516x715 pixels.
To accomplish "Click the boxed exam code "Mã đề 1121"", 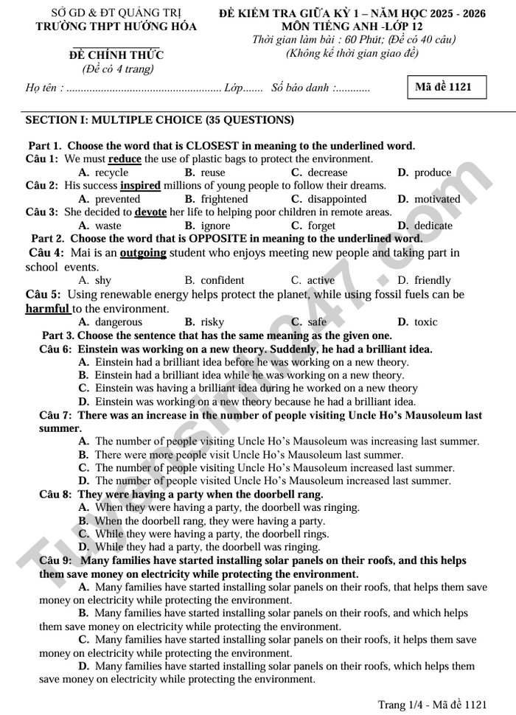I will [443, 87].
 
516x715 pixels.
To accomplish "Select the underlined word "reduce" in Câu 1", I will [125, 159].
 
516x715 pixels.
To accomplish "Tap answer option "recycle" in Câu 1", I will [111, 172].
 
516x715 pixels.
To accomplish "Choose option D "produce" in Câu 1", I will [432, 172].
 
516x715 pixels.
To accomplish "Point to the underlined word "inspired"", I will [140, 186].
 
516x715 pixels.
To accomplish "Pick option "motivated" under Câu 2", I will [436, 199].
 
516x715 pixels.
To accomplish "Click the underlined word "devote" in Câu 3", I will [150, 212].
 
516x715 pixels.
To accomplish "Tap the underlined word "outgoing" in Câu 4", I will [143, 253].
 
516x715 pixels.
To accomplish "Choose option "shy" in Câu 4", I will [103, 280].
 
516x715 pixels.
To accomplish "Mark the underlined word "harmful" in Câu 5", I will [47, 309].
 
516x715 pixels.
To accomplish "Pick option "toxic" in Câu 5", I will [425, 322].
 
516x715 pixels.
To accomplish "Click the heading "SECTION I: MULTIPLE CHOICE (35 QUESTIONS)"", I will [159, 119].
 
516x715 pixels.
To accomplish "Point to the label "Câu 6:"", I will [55, 349].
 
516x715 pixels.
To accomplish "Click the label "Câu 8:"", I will [55, 495].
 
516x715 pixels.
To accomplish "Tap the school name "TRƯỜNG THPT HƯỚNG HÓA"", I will [116, 27].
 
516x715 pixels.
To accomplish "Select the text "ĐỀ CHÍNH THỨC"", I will [116, 55].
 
